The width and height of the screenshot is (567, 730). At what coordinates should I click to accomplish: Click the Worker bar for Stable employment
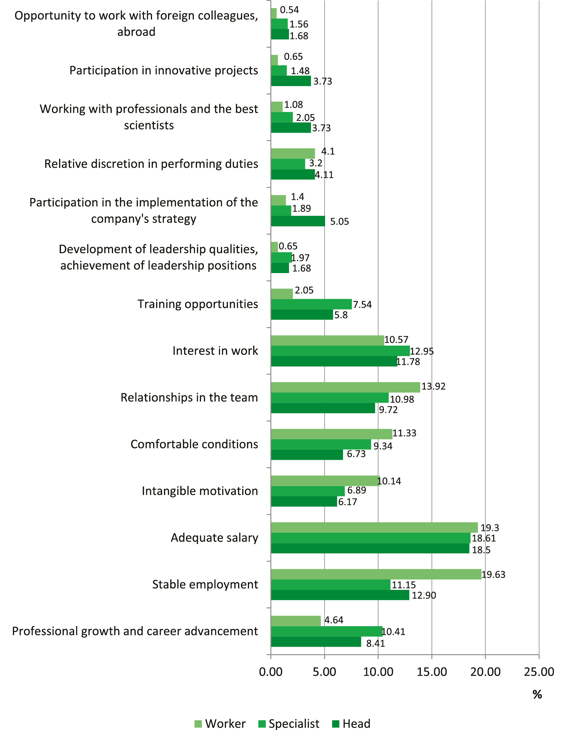click(376, 574)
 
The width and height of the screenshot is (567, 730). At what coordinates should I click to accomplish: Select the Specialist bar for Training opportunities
click(311, 304)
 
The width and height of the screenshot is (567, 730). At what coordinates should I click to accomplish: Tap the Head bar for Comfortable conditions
click(307, 455)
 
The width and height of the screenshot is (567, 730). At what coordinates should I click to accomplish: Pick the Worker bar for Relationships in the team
click(345, 387)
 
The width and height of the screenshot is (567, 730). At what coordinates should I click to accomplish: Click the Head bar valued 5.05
click(298, 221)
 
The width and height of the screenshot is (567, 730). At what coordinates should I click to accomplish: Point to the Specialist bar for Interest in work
click(340, 351)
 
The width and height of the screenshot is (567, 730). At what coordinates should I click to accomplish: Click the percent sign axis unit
click(537, 694)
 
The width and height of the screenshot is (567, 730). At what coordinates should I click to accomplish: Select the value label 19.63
click(493, 574)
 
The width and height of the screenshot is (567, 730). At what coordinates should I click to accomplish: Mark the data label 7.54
click(362, 305)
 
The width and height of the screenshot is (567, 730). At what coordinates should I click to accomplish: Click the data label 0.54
click(289, 10)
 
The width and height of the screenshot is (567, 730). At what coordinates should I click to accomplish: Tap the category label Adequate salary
click(214, 538)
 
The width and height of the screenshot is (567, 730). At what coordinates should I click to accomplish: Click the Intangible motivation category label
click(200, 491)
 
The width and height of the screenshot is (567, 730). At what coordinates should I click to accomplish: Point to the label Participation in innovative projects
click(164, 70)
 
